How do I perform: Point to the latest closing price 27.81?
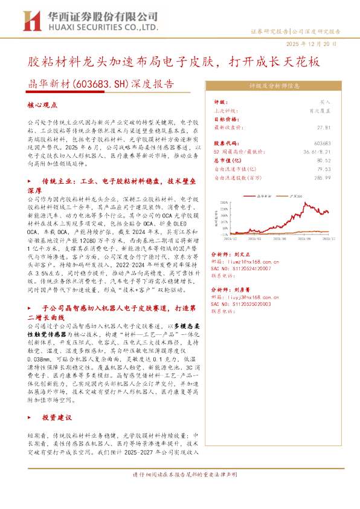pyautogui.click(x=324, y=128)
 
